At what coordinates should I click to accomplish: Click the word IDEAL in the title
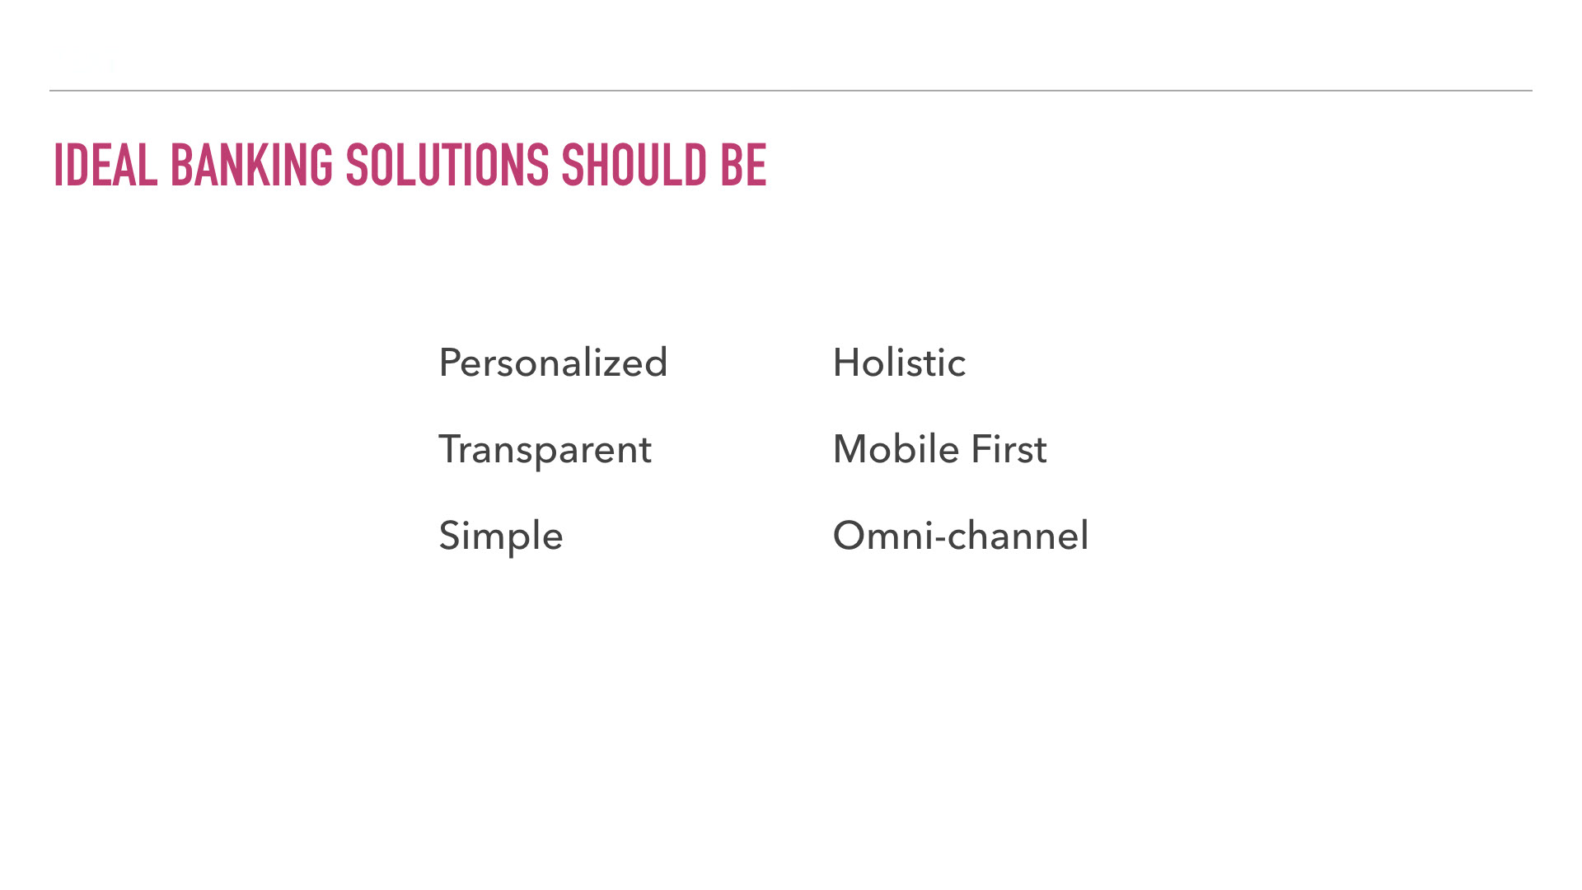105,165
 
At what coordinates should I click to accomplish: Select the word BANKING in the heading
251,165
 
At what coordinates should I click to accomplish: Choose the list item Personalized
553,363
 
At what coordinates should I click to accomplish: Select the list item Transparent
545,450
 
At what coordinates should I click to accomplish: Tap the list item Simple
501,536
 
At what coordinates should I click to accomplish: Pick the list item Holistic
899,363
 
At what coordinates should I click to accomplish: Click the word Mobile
896,449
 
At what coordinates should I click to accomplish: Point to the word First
1009,449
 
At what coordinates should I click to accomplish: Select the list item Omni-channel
961,536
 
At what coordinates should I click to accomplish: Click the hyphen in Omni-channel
940,541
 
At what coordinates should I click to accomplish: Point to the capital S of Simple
451,536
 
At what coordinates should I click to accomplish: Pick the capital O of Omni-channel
850,536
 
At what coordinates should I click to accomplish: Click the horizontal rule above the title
791,91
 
